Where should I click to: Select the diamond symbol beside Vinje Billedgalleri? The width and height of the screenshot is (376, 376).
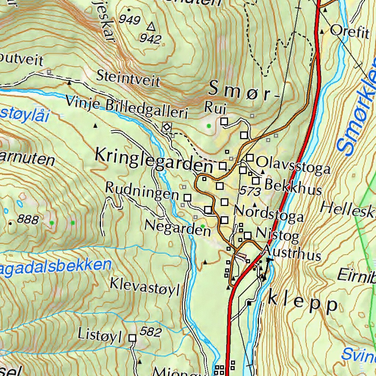(x=167, y=127)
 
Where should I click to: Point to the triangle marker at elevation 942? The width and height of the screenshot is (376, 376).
(x=151, y=27)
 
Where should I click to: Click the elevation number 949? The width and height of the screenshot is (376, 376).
(x=130, y=19)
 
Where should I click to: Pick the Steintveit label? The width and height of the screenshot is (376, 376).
(x=128, y=78)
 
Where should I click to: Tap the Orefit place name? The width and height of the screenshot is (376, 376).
(x=349, y=32)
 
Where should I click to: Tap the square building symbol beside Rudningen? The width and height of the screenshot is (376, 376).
(x=188, y=198)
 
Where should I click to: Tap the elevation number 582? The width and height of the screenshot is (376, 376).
(x=151, y=332)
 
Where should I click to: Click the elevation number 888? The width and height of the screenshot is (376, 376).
(x=28, y=220)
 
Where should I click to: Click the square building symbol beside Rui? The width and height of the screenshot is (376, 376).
(x=224, y=121)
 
